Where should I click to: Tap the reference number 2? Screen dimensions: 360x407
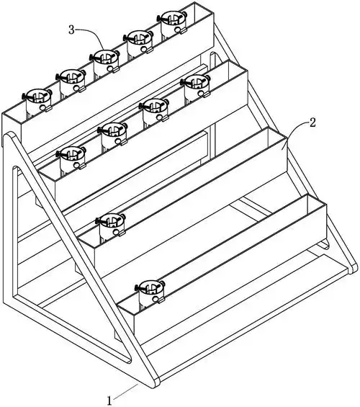(313, 122)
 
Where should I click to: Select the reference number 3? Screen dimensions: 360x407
(71, 30)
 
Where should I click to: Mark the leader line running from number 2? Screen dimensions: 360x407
(296, 130)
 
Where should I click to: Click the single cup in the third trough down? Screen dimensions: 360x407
(110, 225)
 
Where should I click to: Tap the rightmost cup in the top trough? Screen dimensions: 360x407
(172, 22)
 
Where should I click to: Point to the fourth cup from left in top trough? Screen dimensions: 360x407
(138, 42)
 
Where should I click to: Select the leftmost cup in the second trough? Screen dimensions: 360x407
(71, 158)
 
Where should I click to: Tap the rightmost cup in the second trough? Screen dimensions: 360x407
(196, 86)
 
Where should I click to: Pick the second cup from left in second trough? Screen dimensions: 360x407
(112, 134)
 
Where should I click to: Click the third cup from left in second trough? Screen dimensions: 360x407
(154, 110)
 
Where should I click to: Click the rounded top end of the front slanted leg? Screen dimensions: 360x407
(9, 137)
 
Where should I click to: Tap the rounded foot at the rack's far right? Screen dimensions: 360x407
(353, 268)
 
